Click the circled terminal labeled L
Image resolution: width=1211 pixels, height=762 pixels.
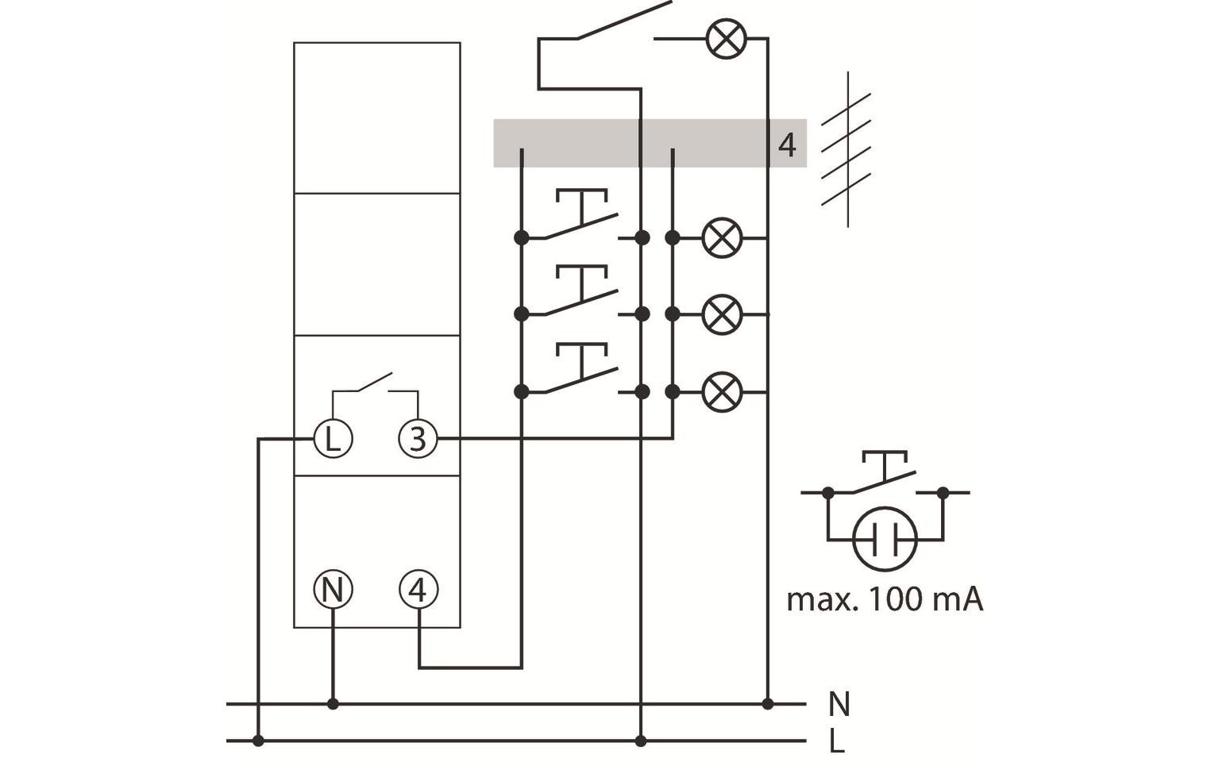(x=333, y=438)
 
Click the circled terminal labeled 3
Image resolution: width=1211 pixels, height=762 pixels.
(x=418, y=438)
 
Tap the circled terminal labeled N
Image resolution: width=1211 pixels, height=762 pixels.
(x=333, y=590)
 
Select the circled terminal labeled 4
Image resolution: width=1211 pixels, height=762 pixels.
(x=418, y=590)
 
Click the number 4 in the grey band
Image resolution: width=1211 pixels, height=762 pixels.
(x=786, y=145)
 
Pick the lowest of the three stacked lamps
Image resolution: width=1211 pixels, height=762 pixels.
(x=723, y=391)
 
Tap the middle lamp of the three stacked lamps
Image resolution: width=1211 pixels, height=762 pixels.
(x=723, y=314)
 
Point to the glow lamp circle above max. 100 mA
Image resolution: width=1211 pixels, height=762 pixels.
(x=885, y=540)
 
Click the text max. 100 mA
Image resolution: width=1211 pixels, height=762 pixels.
(x=885, y=599)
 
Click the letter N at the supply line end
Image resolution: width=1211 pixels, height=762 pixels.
(x=839, y=704)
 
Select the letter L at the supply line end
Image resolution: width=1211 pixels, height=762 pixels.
(x=836, y=742)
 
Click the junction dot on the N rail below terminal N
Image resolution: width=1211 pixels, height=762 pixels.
(x=333, y=704)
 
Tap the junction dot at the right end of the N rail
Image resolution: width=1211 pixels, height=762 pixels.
(x=767, y=704)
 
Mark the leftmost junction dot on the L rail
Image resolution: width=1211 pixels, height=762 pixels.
(x=258, y=741)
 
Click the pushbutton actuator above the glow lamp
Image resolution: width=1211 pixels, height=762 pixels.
(x=885, y=464)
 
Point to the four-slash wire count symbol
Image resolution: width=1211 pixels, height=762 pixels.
(x=847, y=149)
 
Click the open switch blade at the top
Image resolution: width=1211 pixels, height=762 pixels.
(x=623, y=20)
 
